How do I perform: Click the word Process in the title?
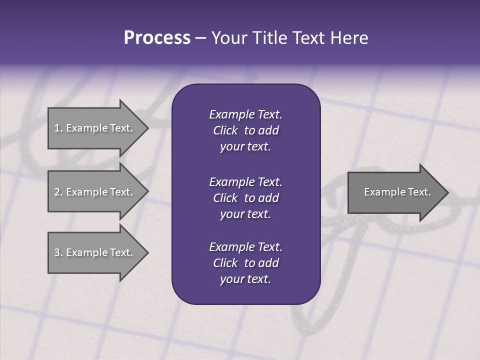[157, 38]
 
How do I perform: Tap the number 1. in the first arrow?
[58, 128]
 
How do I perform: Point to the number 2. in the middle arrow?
[58, 192]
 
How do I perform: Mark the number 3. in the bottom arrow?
[58, 252]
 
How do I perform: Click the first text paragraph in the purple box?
[245, 130]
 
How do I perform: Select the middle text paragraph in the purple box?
[245, 198]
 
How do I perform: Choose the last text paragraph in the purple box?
[245, 263]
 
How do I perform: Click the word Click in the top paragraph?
[225, 130]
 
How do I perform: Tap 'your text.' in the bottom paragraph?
[245, 279]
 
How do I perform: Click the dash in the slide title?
[200, 38]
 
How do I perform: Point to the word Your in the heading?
[228, 38]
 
